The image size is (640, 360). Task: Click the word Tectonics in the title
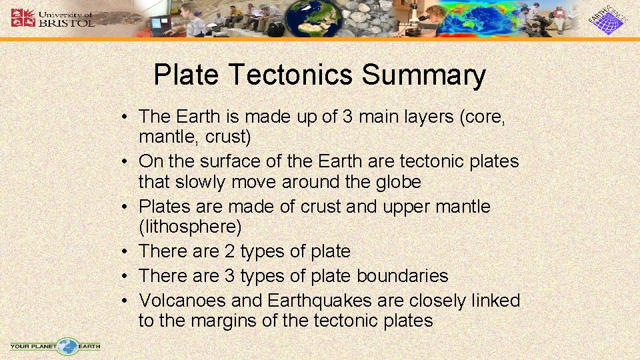click(x=291, y=75)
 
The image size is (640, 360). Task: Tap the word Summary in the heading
click(x=423, y=75)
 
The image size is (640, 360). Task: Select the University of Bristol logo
click(x=53, y=18)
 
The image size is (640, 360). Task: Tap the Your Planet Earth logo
click(x=56, y=346)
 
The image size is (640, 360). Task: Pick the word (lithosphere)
click(x=190, y=227)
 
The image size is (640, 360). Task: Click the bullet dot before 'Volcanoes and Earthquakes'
click(x=125, y=301)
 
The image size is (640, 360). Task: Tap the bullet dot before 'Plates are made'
click(x=125, y=207)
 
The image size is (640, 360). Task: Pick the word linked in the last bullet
click(x=493, y=301)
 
